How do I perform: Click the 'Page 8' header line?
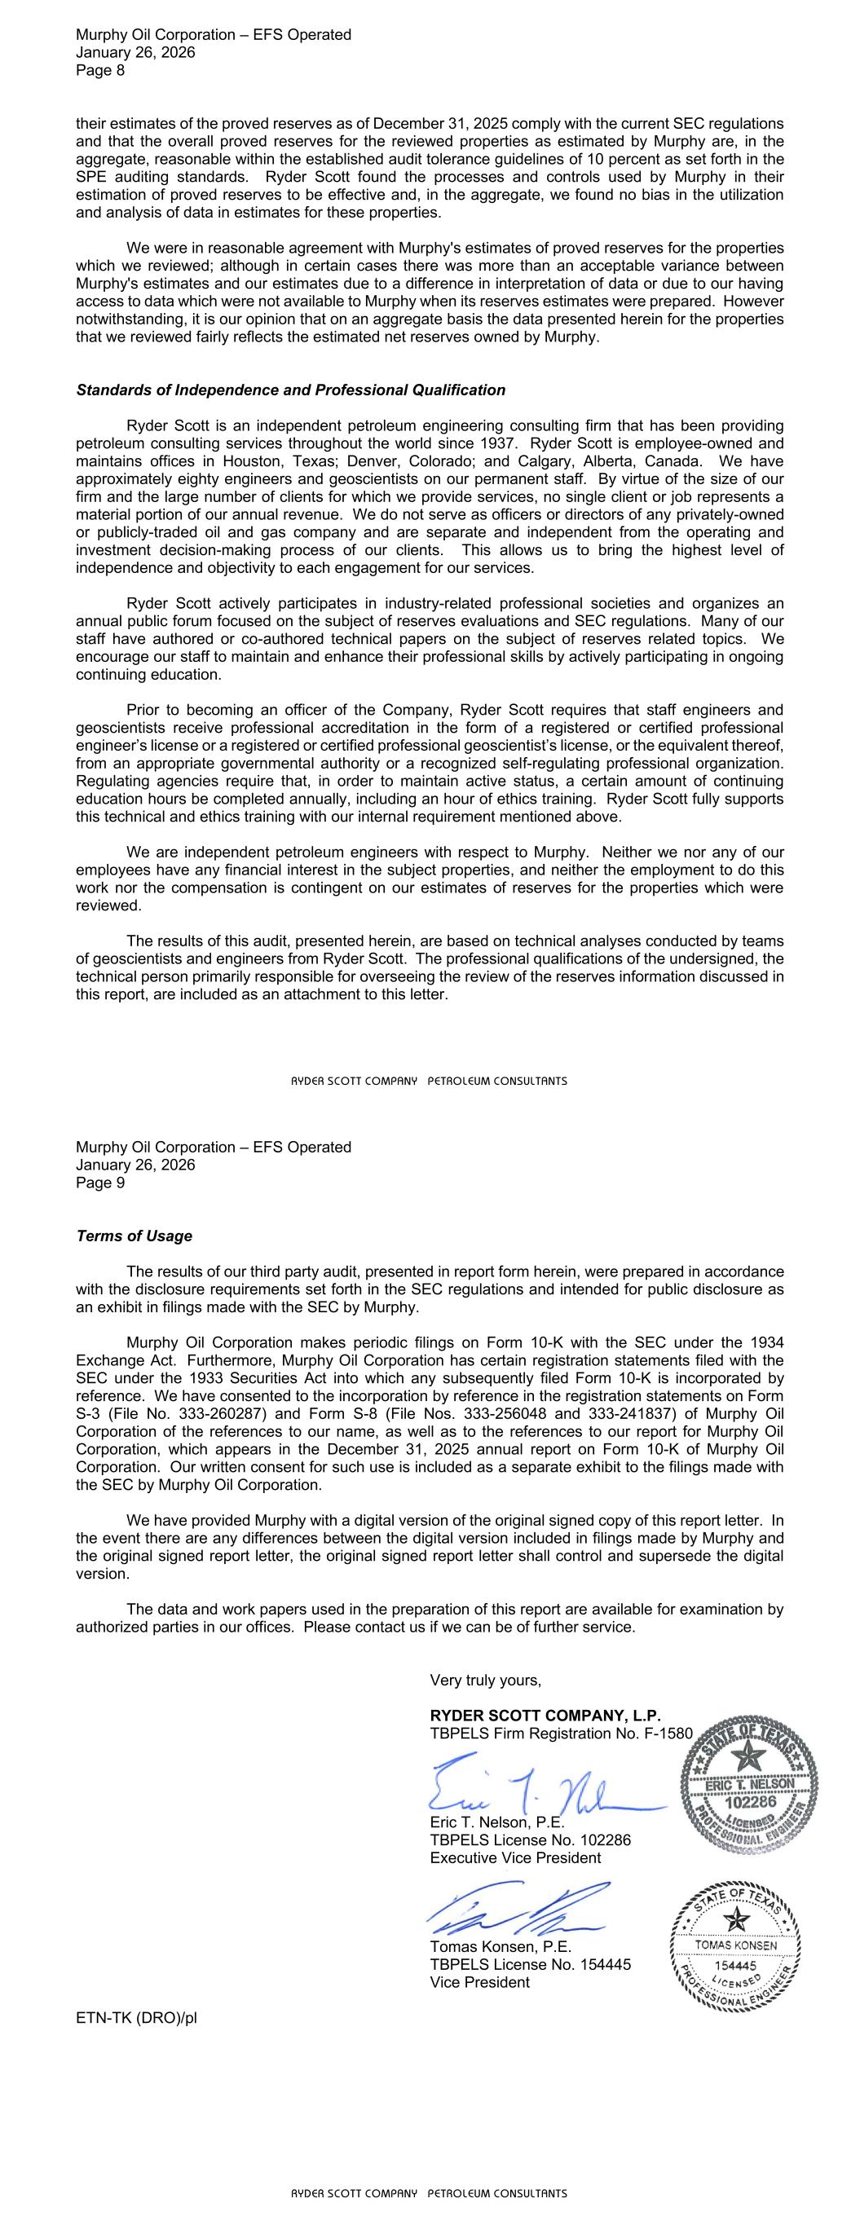click(100, 71)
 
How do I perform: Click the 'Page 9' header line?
click(100, 1183)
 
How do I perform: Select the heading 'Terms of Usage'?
click(134, 1236)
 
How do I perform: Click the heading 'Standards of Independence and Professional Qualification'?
click(290, 390)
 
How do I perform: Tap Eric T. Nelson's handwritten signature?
click(536, 1786)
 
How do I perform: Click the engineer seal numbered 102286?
click(749, 1782)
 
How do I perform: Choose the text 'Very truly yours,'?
click(485, 1680)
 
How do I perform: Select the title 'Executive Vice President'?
click(515, 1858)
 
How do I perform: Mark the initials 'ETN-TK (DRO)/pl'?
click(137, 2019)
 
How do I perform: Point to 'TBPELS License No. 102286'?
click(530, 1839)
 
